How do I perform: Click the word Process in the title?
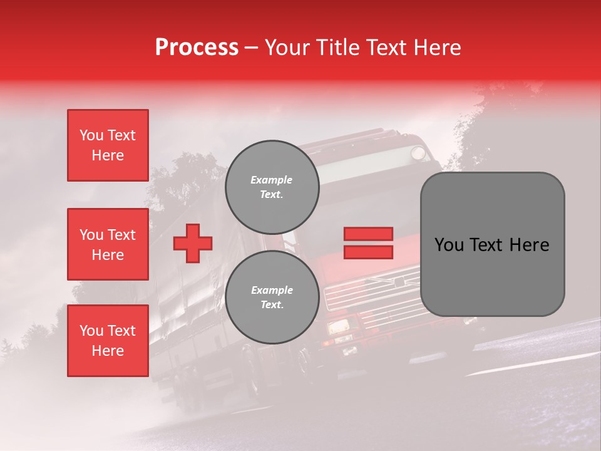coord(197,48)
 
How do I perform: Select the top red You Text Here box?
coord(108,145)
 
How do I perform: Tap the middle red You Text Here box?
coord(108,244)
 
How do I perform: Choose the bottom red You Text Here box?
coord(108,341)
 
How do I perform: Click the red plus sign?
coord(193,242)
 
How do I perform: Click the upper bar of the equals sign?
coord(368,234)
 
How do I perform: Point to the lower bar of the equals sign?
coord(368,252)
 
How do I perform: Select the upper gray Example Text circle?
coord(272,187)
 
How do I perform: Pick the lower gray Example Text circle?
coord(272,298)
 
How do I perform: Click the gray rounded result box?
coord(492,244)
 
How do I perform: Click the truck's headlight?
coord(338,327)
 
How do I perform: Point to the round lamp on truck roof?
coord(418,152)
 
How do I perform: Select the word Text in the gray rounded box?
coord(492,245)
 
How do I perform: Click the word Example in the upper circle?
coord(272,180)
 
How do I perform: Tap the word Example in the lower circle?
coord(272,290)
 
